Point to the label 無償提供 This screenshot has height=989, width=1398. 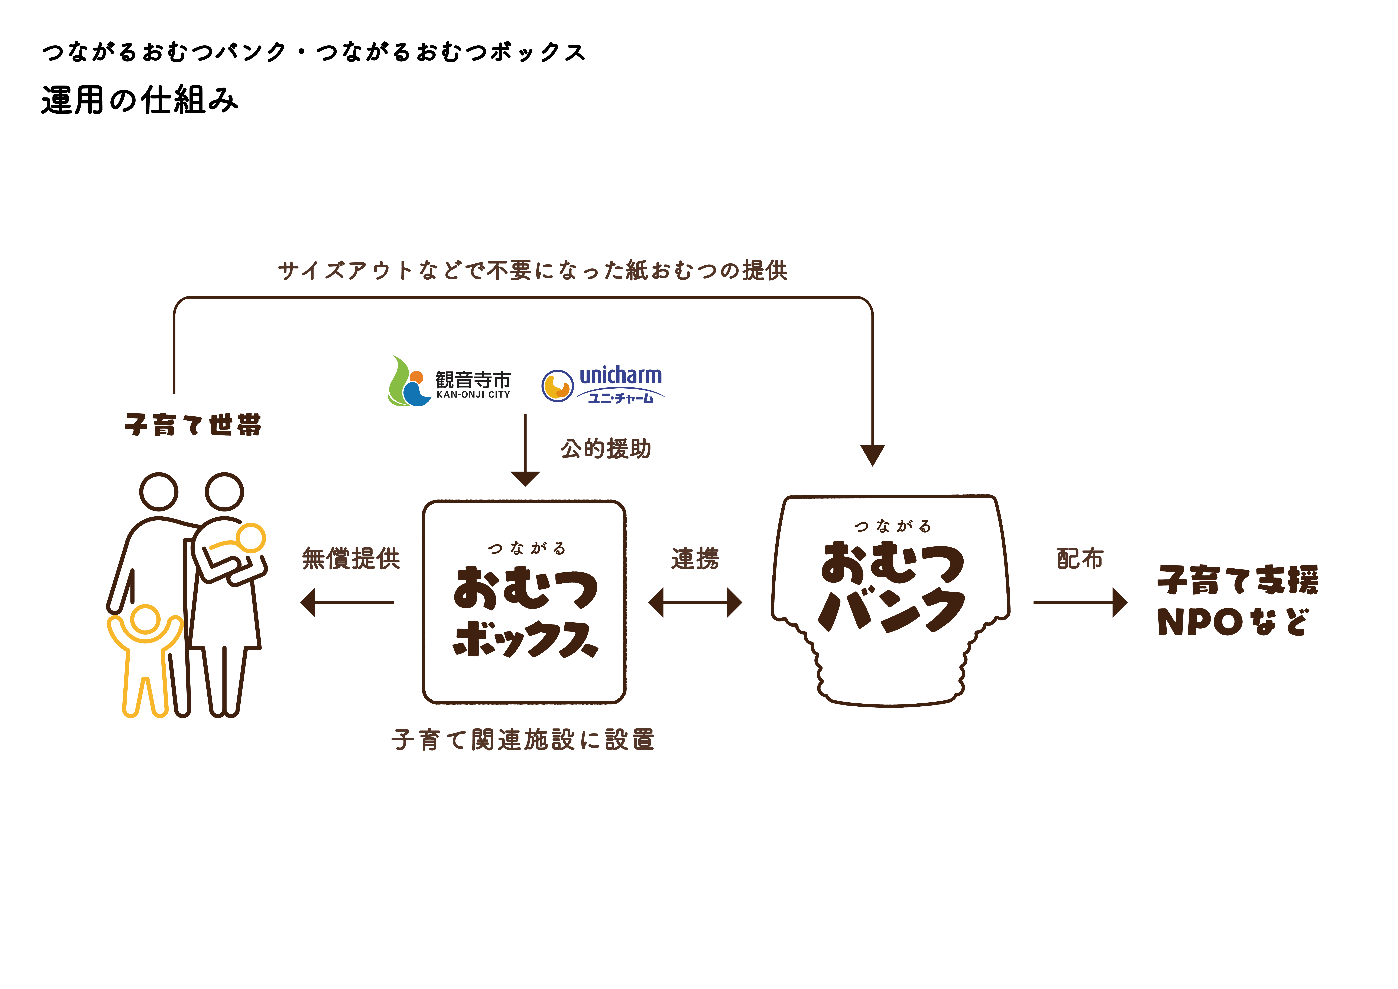(351, 558)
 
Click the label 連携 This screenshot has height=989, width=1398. (695, 558)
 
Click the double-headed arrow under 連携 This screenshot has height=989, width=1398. (695, 602)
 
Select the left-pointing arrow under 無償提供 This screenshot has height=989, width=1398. (347, 602)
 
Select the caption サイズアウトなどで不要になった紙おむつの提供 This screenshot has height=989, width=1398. (533, 270)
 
